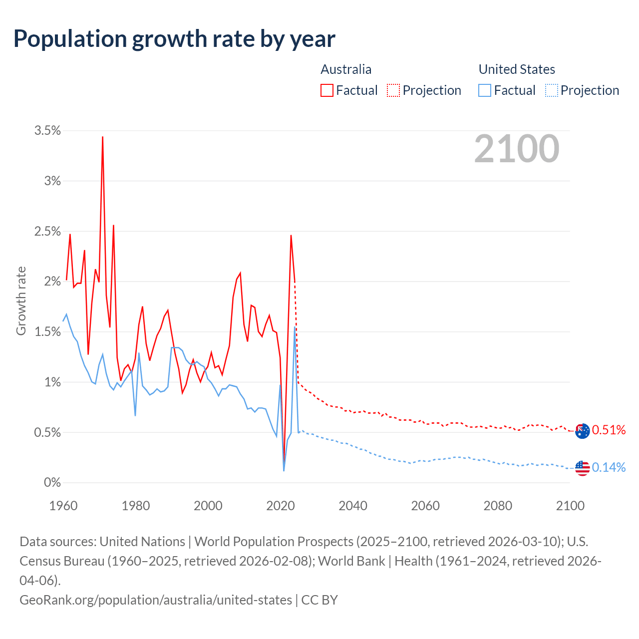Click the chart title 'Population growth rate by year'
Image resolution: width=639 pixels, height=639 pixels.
pyautogui.click(x=174, y=38)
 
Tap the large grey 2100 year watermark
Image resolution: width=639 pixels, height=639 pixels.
pyautogui.click(x=517, y=149)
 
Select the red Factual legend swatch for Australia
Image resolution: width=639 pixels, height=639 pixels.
pyautogui.click(x=327, y=90)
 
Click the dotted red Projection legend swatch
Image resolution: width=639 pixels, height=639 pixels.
pyautogui.click(x=393, y=90)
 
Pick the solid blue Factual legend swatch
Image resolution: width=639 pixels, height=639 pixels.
pyautogui.click(x=485, y=90)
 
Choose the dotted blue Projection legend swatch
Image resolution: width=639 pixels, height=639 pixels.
pyautogui.click(x=552, y=90)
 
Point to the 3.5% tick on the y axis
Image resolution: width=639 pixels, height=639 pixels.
pyautogui.click(x=47, y=131)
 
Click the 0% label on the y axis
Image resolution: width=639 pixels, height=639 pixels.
pyautogui.click(x=52, y=483)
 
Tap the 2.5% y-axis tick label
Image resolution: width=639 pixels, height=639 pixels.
pyautogui.click(x=47, y=232)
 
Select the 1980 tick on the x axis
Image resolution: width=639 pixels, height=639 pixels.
pyautogui.click(x=136, y=506)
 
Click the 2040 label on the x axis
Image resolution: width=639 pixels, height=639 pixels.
pyautogui.click(x=353, y=506)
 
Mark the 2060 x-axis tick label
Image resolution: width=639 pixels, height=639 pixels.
pyautogui.click(x=425, y=506)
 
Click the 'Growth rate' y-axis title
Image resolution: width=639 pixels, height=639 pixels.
pyautogui.click(x=21, y=301)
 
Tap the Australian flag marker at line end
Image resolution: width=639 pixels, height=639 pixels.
pyautogui.click(x=582, y=431)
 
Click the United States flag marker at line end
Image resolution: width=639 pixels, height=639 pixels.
pyautogui.click(x=582, y=468)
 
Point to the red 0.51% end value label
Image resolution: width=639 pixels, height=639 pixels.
pyautogui.click(x=609, y=430)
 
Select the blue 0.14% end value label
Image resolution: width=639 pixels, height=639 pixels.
pyautogui.click(x=609, y=468)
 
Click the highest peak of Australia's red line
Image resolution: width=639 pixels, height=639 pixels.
pyautogui.click(x=102, y=137)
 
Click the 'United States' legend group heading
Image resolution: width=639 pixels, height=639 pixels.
pyautogui.click(x=517, y=69)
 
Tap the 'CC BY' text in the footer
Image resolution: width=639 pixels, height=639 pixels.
pyautogui.click(x=319, y=600)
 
